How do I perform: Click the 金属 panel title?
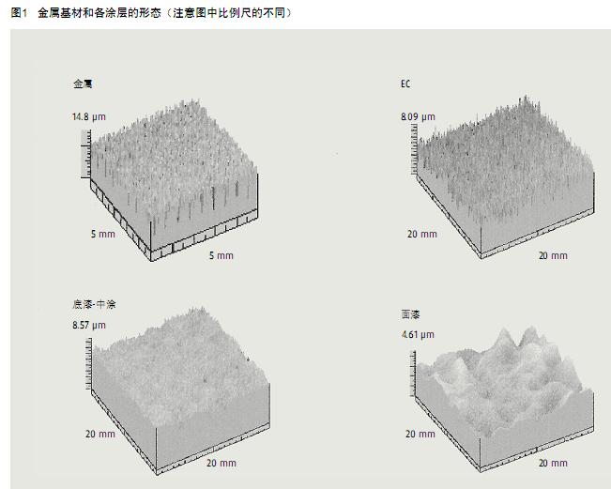pyautogui.click(x=83, y=84)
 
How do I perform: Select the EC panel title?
pyautogui.click(x=405, y=84)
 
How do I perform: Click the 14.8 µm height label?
pyautogui.click(x=89, y=117)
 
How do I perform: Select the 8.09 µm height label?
pyautogui.click(x=419, y=117)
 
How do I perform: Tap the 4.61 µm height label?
pyautogui.click(x=418, y=334)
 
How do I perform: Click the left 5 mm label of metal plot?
pyautogui.click(x=103, y=234)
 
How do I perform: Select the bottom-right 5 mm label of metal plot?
pyautogui.click(x=221, y=255)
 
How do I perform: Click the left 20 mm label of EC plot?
pyautogui.click(x=421, y=234)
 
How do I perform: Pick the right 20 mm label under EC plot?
pyautogui.click(x=552, y=255)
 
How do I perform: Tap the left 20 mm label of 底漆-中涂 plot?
pyautogui.click(x=99, y=434)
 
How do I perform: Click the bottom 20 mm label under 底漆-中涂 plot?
pyautogui.click(x=221, y=463)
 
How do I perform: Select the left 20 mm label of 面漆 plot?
pyautogui.click(x=420, y=434)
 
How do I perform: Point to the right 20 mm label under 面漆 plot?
pyautogui.click(x=552, y=463)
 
